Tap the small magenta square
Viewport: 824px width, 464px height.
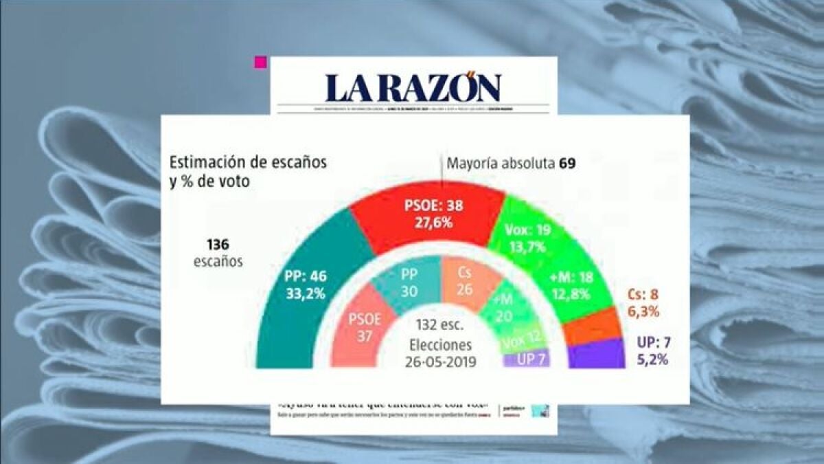click(x=260, y=63)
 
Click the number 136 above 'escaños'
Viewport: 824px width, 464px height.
click(x=218, y=245)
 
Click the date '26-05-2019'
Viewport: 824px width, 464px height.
click(x=439, y=360)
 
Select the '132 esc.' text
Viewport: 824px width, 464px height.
click(x=440, y=324)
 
